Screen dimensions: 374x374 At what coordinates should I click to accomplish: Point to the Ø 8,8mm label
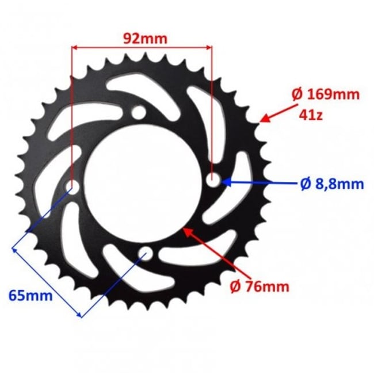(332, 184)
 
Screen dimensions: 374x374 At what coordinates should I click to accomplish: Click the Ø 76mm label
(259, 287)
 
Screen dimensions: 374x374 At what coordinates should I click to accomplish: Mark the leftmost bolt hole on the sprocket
(72, 187)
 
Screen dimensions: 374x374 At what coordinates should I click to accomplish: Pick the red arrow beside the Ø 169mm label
(280, 111)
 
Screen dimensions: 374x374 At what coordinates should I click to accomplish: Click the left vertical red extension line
(71, 115)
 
